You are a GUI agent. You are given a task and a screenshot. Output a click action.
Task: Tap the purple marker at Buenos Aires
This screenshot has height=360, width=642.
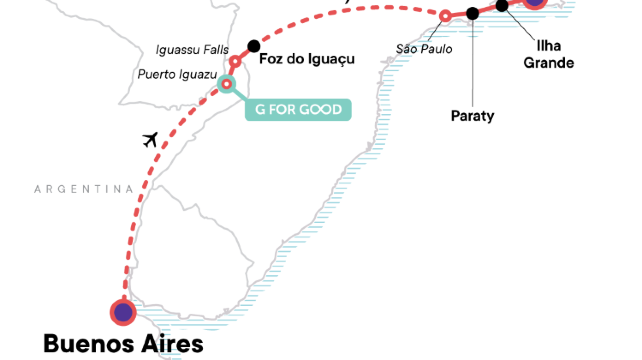[x=123, y=313]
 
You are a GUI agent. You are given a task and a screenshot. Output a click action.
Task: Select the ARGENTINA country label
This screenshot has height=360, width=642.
[x=84, y=189]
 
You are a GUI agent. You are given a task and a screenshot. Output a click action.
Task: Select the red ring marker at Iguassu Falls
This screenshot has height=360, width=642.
[x=236, y=62]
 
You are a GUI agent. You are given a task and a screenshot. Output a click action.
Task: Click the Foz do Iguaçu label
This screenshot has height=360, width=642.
[x=307, y=59]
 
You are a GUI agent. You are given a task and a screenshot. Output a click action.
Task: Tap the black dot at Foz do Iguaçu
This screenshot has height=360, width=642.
[x=254, y=46]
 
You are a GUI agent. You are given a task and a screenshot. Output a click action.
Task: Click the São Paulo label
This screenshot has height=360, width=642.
[x=423, y=47]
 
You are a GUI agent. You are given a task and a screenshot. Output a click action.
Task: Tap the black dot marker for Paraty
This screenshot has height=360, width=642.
[x=472, y=14]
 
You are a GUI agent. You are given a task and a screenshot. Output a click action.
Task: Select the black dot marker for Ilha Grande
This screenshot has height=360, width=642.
[x=503, y=5]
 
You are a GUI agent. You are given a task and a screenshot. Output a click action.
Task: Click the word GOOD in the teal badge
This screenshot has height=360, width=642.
[x=320, y=109]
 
